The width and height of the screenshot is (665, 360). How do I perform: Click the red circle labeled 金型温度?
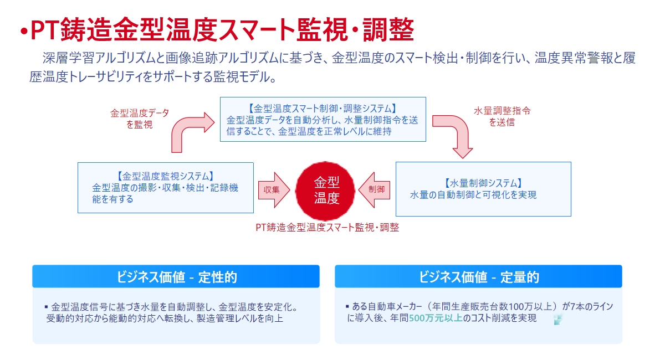325,191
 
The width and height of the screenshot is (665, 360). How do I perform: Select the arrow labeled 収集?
274,190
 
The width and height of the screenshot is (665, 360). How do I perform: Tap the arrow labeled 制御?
374,190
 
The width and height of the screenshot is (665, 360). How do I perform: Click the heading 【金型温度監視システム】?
165,176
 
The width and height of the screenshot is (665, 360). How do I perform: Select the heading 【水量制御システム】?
483,183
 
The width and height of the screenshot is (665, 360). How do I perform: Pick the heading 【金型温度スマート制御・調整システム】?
323,109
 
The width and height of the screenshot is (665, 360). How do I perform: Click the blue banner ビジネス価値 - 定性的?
176,276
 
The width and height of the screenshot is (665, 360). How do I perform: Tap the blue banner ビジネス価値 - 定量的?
478,276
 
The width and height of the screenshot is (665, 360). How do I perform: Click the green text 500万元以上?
436,318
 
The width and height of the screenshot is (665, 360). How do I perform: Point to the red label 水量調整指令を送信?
502,116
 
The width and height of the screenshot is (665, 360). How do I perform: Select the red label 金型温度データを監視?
140,119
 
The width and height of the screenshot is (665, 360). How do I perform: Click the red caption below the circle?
327,227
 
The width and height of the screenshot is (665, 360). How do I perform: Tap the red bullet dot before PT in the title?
24,31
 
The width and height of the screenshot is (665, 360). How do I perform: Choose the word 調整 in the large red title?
388,29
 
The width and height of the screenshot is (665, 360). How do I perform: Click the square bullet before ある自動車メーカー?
347,306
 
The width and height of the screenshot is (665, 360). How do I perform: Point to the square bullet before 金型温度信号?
47,307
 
